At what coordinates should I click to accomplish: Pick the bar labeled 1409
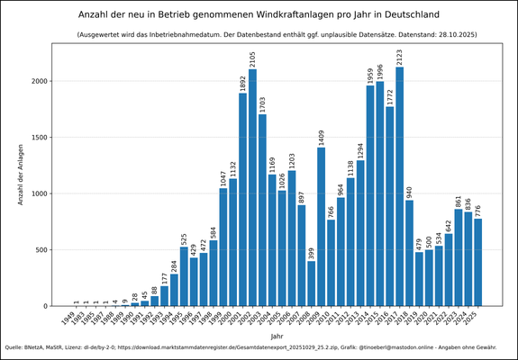[x=321, y=226]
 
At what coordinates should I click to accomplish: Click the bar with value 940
[x=409, y=253]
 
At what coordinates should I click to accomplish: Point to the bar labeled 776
[x=477, y=262]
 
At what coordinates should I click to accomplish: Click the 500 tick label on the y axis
[x=45, y=249]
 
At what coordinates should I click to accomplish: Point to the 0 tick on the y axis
[x=50, y=306]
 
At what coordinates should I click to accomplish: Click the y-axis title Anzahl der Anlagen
[x=21, y=174]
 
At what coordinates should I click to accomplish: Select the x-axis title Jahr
[x=277, y=335]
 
